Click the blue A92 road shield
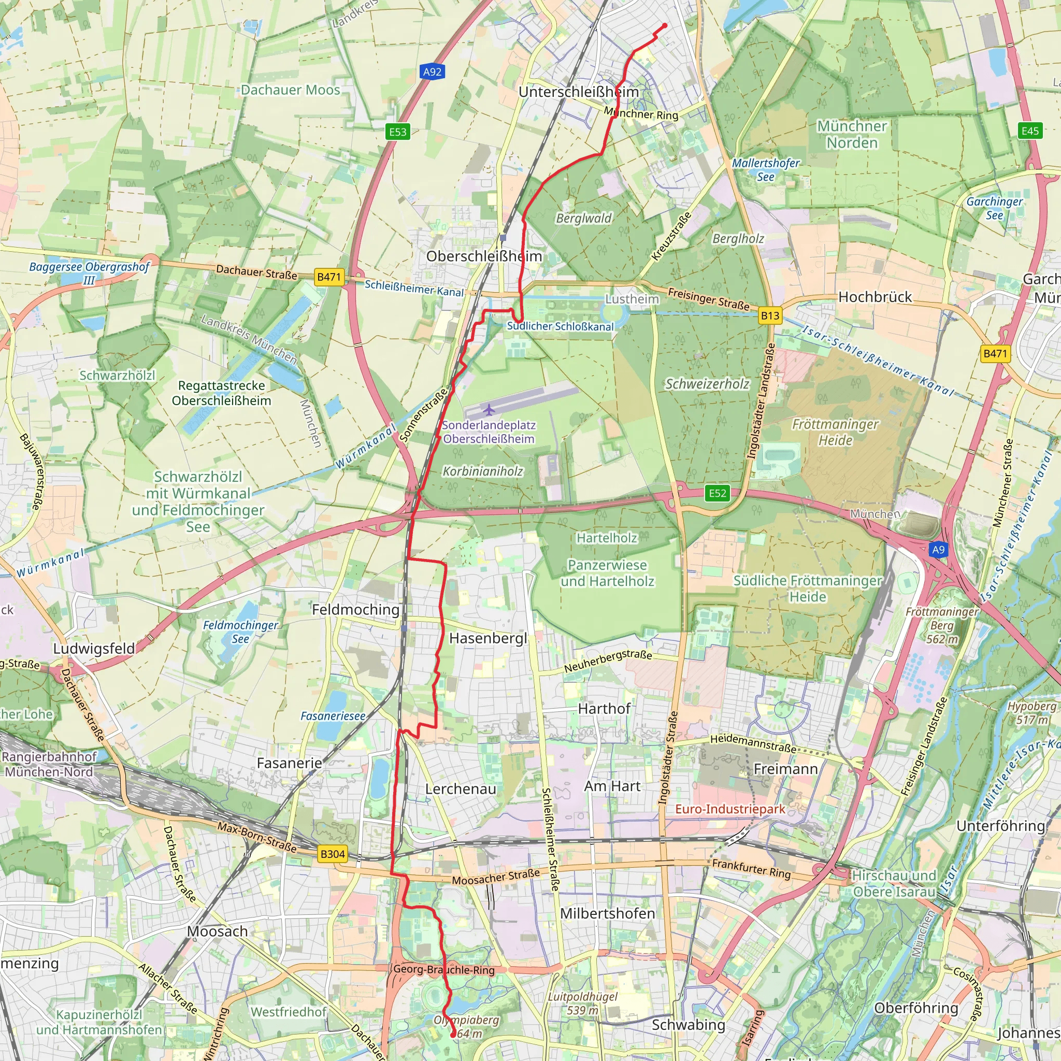coord(432,71)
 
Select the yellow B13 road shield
coord(769,316)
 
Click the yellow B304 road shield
coord(332,854)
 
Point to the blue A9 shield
coord(938,550)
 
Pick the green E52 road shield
coord(717,493)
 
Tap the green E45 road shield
coord(1030,131)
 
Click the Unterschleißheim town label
coord(579,92)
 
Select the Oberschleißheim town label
coord(484,256)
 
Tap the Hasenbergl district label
coord(488,638)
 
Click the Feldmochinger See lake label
coord(240,632)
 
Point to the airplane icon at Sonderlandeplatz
coord(488,409)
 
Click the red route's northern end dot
coord(665,25)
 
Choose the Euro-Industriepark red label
coord(730,809)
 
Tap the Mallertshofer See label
coord(766,170)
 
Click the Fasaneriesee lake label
coord(333,716)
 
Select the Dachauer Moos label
coord(291,90)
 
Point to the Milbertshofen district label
coord(607,913)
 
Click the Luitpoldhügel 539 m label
coord(583,1003)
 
